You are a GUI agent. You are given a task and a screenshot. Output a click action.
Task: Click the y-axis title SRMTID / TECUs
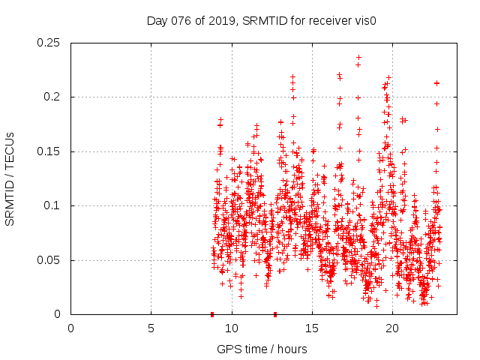10,178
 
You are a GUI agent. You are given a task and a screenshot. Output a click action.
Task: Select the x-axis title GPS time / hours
262,349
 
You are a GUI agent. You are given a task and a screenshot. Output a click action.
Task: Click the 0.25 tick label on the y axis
50,43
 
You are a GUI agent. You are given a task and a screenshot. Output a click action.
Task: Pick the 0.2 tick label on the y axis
54,97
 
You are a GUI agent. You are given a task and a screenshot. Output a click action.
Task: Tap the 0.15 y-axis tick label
50,151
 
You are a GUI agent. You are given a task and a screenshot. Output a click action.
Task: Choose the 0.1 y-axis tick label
54,205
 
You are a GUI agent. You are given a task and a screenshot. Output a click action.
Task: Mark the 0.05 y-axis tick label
50,260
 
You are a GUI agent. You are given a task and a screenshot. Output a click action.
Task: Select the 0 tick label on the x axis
70,328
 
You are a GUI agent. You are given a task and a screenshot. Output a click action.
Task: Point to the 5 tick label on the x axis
151,328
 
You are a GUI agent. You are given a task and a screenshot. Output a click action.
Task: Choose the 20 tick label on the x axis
391,328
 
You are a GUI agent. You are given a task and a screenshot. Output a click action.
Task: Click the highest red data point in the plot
358,57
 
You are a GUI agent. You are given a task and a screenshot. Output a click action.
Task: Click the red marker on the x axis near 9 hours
212,314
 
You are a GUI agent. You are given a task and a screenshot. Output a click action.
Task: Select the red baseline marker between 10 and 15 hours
275,314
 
